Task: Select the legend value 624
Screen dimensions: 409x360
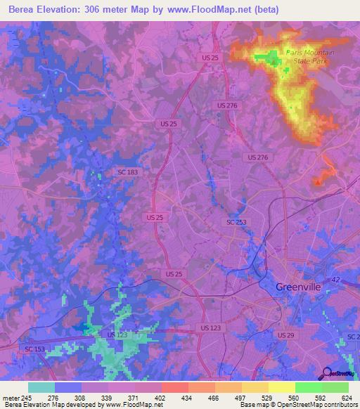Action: [347, 397]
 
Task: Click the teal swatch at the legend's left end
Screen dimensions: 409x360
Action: [41, 387]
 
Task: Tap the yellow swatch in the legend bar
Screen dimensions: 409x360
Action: [281, 387]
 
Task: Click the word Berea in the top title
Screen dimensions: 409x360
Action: [24, 10]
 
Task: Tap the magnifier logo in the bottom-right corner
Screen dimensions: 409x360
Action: [327, 373]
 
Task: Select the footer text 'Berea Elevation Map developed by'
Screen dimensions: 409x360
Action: [51, 405]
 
